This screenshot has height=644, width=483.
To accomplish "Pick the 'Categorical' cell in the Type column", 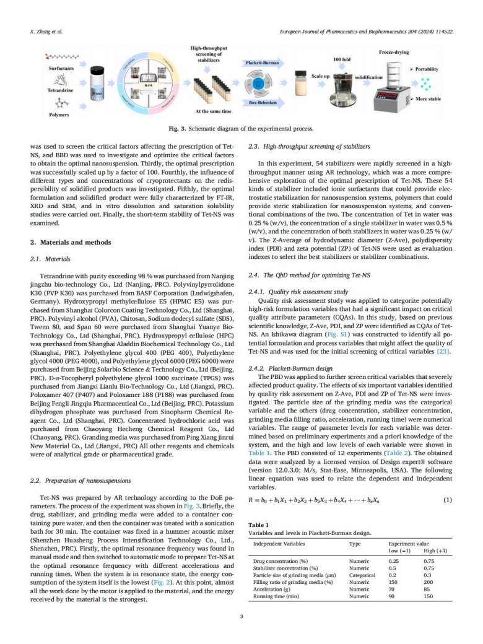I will point(362,574).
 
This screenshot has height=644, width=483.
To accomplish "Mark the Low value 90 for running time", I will point(393,599).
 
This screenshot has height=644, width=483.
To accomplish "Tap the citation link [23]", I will point(444,352).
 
